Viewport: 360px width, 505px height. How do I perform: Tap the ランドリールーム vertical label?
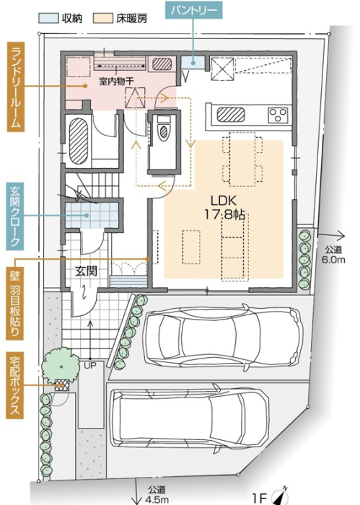click(16, 87)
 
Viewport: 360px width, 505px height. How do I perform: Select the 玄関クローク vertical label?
click(15, 216)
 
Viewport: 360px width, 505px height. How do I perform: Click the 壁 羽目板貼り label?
click(15, 304)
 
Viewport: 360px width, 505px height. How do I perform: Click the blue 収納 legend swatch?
click(48, 18)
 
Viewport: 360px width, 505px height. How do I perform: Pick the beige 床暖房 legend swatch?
click(103, 18)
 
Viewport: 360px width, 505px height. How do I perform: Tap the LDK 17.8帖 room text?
click(224, 208)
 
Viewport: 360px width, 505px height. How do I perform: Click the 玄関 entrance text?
click(86, 271)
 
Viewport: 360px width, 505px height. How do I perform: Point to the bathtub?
click(79, 141)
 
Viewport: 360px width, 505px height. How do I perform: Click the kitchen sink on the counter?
click(231, 115)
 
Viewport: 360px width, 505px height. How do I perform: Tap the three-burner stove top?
click(278, 115)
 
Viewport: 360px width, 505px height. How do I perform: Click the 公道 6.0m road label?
click(333, 255)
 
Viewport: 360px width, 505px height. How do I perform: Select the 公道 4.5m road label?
click(157, 494)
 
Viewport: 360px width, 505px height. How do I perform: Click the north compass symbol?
click(279, 496)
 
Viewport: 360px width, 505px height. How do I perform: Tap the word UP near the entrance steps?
click(90, 366)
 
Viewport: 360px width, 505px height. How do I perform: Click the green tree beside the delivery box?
click(61, 366)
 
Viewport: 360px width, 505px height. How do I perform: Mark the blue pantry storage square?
click(193, 63)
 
